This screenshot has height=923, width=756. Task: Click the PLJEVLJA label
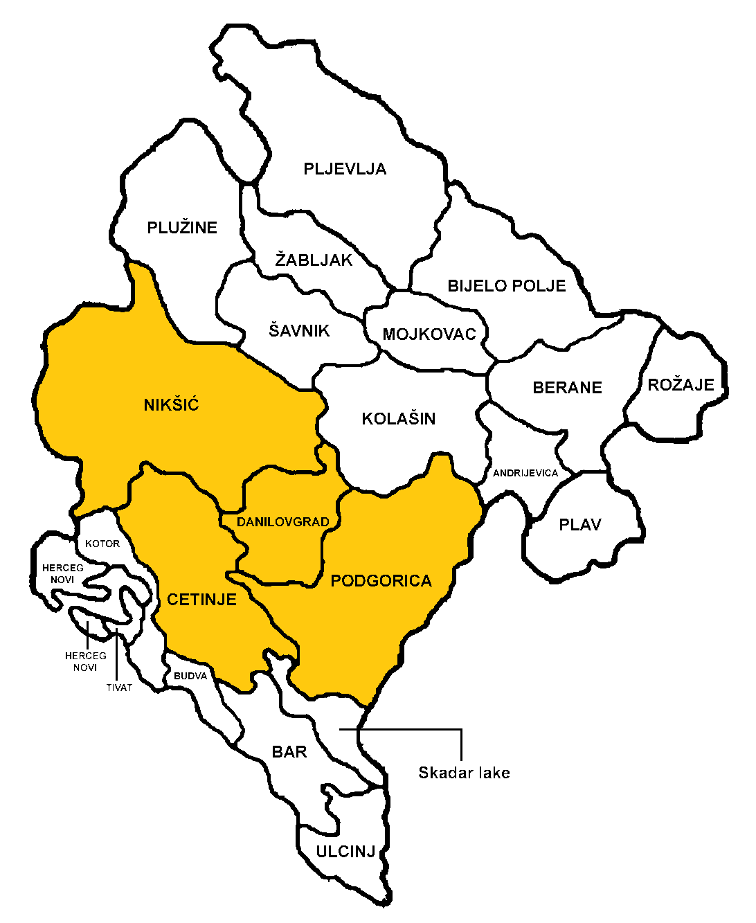pyautogui.click(x=345, y=169)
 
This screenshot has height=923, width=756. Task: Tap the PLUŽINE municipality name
pyautogui.click(x=182, y=227)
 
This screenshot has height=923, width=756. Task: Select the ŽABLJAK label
pyautogui.click(x=314, y=260)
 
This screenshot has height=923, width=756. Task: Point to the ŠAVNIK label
pyautogui.click(x=299, y=330)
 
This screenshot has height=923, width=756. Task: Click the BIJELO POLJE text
pyautogui.click(x=507, y=285)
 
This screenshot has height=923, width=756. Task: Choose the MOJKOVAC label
pyautogui.click(x=429, y=334)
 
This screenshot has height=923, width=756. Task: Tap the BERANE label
pyautogui.click(x=567, y=388)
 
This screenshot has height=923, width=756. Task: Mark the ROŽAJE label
pyautogui.click(x=681, y=385)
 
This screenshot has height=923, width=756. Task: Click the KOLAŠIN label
pyautogui.click(x=398, y=418)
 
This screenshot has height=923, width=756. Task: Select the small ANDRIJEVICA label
pyautogui.click(x=525, y=473)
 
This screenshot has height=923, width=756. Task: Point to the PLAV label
pyautogui.click(x=580, y=525)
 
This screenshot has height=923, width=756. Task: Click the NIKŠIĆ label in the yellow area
pyautogui.click(x=171, y=405)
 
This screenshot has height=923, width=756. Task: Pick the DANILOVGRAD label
pyautogui.click(x=282, y=522)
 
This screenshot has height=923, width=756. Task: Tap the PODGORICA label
pyautogui.click(x=381, y=581)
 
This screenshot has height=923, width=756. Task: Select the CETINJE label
pyautogui.click(x=201, y=600)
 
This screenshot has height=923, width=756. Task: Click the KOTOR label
pyautogui.click(x=102, y=544)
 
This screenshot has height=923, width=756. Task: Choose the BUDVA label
pyautogui.click(x=190, y=676)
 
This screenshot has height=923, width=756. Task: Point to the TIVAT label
pyautogui.click(x=119, y=688)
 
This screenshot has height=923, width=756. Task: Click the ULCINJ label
pyautogui.click(x=345, y=852)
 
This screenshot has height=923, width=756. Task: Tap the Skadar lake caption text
pyautogui.click(x=464, y=773)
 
